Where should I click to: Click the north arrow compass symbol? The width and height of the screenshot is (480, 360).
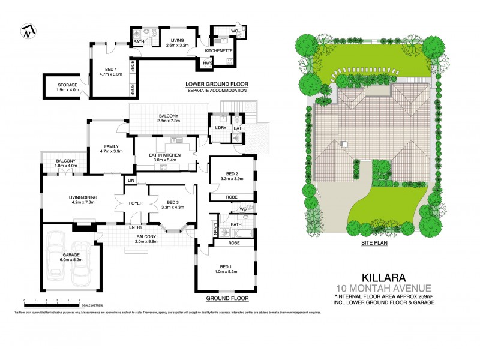[28, 31]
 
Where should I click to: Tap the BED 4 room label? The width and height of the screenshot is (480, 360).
[110, 68]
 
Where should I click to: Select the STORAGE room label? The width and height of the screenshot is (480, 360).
[68, 85]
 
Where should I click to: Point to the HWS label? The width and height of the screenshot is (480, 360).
[208, 63]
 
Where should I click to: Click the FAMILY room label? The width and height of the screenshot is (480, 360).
[110, 146]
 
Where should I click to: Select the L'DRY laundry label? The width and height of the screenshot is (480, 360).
[219, 128]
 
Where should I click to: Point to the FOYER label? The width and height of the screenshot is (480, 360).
[136, 203]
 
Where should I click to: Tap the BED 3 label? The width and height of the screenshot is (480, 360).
[173, 202]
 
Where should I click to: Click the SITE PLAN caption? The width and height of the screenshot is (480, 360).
[373, 245]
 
